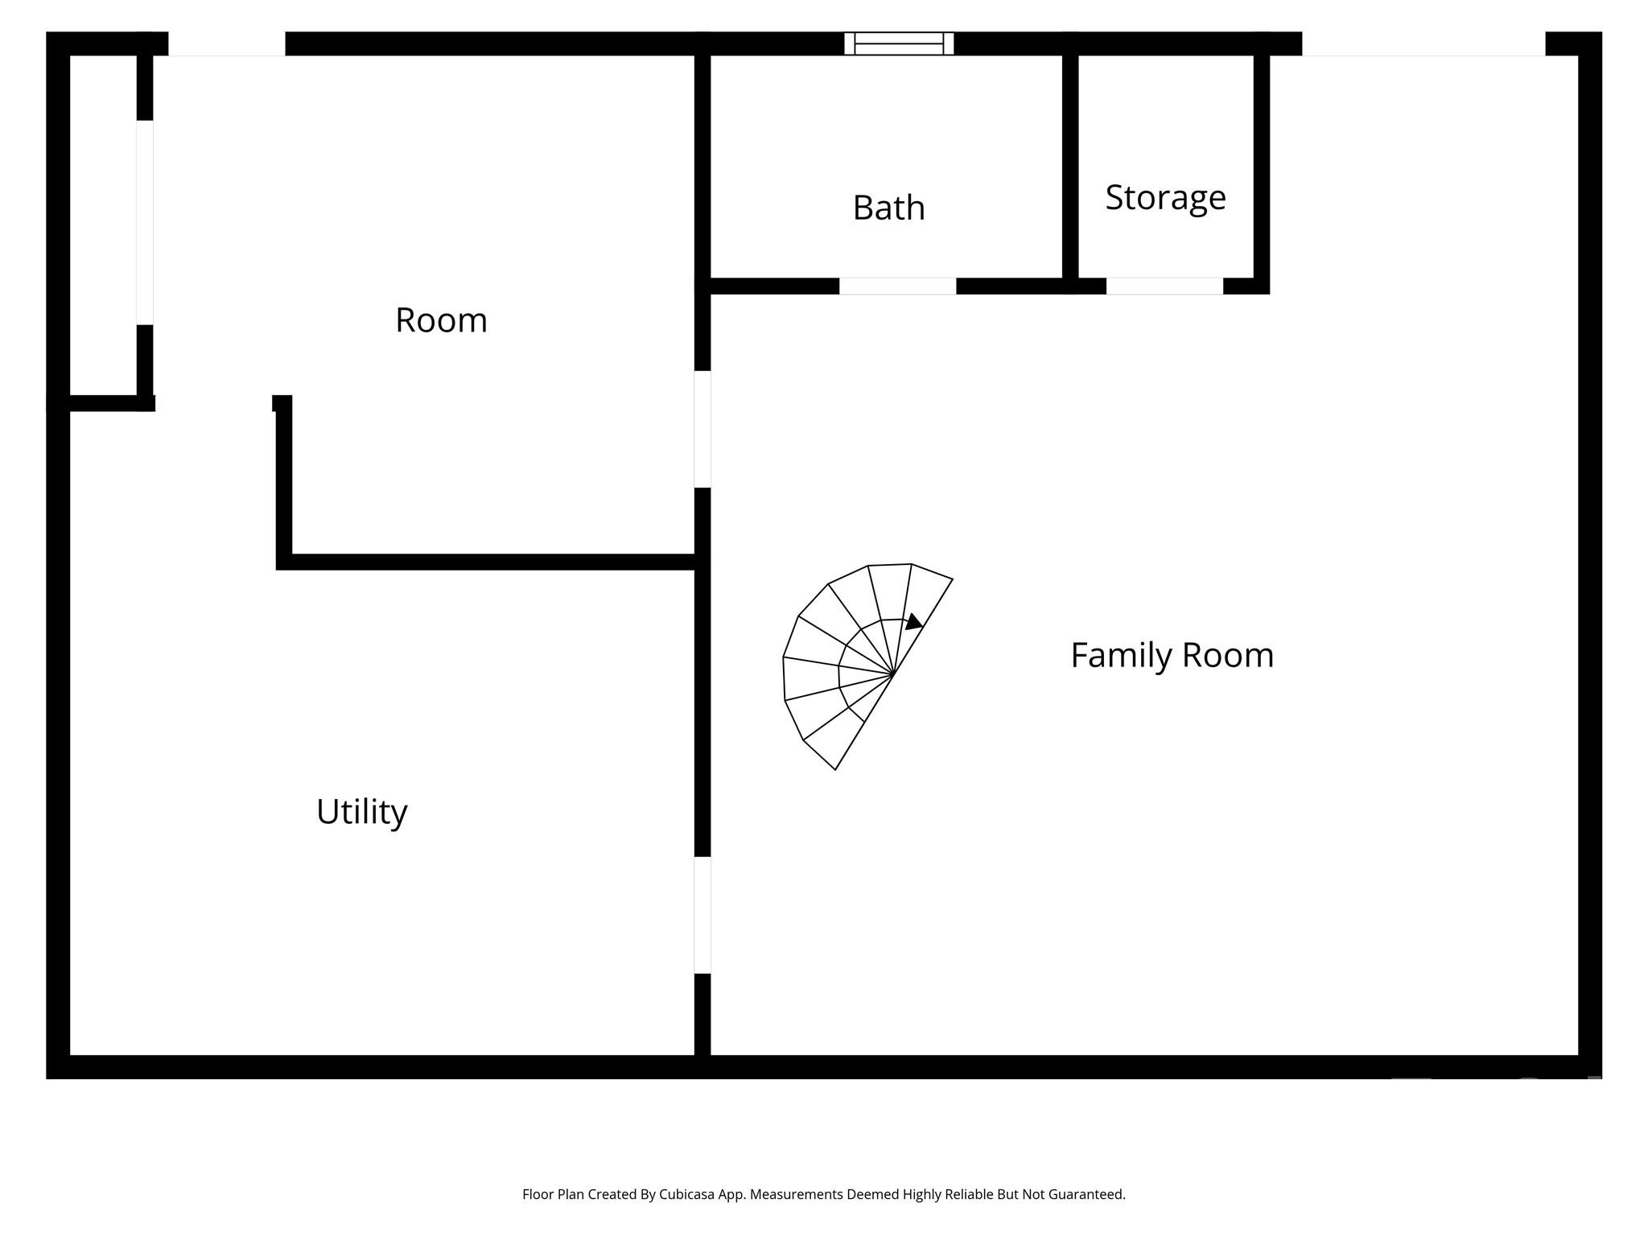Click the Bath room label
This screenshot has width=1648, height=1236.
pyautogui.click(x=888, y=208)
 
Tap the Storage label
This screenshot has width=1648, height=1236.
pyautogui.click(x=1164, y=197)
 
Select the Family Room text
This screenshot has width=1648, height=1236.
pyautogui.click(x=1172, y=655)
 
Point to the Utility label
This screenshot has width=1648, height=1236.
pyautogui.click(x=361, y=811)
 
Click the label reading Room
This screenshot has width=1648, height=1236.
pyautogui.click(x=441, y=320)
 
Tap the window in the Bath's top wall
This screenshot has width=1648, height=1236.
pyautogui.click(x=899, y=43)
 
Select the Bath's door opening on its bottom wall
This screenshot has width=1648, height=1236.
pyautogui.click(x=897, y=286)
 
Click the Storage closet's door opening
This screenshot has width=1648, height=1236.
pyautogui.click(x=1164, y=286)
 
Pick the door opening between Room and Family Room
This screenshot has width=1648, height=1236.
pyautogui.click(x=702, y=429)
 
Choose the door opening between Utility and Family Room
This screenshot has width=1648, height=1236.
pyautogui.click(x=702, y=915)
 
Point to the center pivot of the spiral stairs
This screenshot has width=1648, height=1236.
pyautogui.click(x=893, y=674)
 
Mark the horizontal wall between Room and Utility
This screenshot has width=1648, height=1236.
pyautogui.click(x=487, y=562)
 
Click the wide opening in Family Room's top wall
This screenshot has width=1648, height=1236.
pyautogui.click(x=1423, y=44)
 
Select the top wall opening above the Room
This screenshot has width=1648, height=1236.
pyautogui.click(x=226, y=44)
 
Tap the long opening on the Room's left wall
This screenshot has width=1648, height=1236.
pyautogui.click(x=145, y=222)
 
